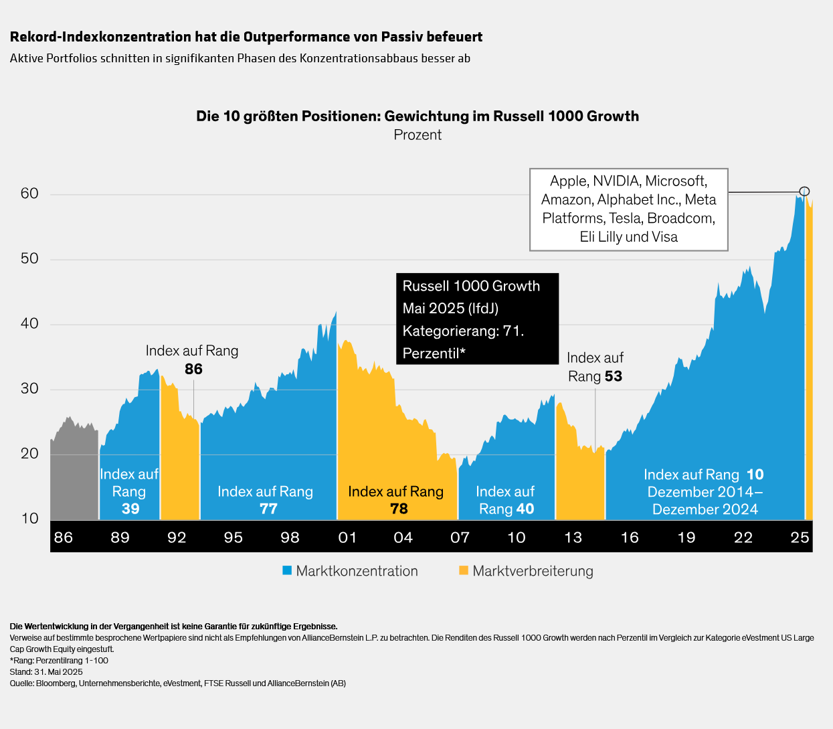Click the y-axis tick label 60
click(29, 193)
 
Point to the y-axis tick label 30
click(29, 388)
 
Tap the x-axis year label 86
click(63, 537)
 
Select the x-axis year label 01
click(347, 537)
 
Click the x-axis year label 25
click(800, 537)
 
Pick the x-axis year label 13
click(573, 537)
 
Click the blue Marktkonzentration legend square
click(287, 570)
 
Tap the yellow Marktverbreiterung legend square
click(464, 570)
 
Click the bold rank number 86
click(193, 369)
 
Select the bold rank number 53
click(613, 376)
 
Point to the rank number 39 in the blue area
click(130, 509)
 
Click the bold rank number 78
click(399, 509)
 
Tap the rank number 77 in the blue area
click(268, 509)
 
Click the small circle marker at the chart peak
click(804, 191)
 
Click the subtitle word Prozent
click(418, 135)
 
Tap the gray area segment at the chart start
click(74, 475)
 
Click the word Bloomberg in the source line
click(56, 683)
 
